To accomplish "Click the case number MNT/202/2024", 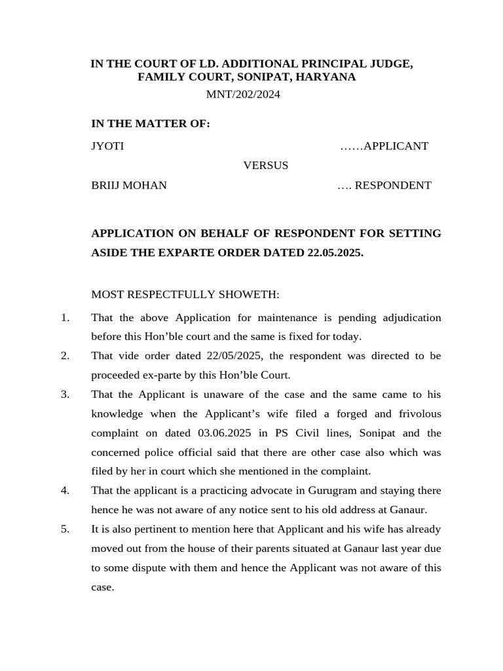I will tap(243, 94).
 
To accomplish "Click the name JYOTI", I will tap(107, 146).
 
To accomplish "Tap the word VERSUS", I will tap(266, 165).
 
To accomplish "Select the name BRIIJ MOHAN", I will tap(129, 185).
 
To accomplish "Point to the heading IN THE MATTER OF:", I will tap(151, 124).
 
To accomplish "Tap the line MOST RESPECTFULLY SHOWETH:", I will tap(185, 295).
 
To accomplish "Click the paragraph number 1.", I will tap(65, 318).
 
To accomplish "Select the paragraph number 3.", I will tap(65, 394).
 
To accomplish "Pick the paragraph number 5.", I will tap(65, 529).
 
